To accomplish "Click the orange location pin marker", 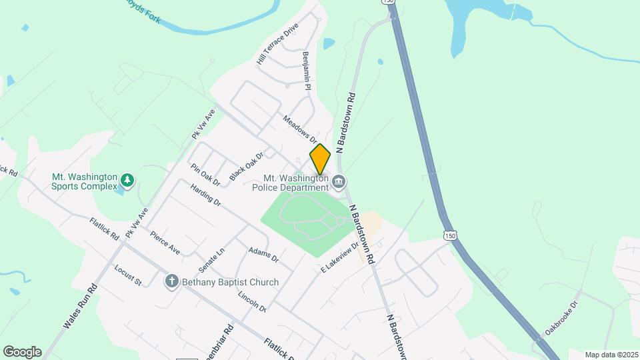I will [x=320, y=159].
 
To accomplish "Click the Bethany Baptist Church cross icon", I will [x=172, y=282].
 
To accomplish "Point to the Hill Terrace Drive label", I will [x=277, y=44].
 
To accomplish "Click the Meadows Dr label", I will [x=299, y=129].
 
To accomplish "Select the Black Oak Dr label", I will [x=247, y=165].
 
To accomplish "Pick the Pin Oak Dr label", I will [x=205, y=175].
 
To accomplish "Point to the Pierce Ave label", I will [x=165, y=243].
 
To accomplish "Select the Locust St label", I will [x=128, y=276].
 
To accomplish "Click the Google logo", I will [x=22, y=352].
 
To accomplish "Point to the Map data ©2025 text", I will [x=611, y=355].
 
